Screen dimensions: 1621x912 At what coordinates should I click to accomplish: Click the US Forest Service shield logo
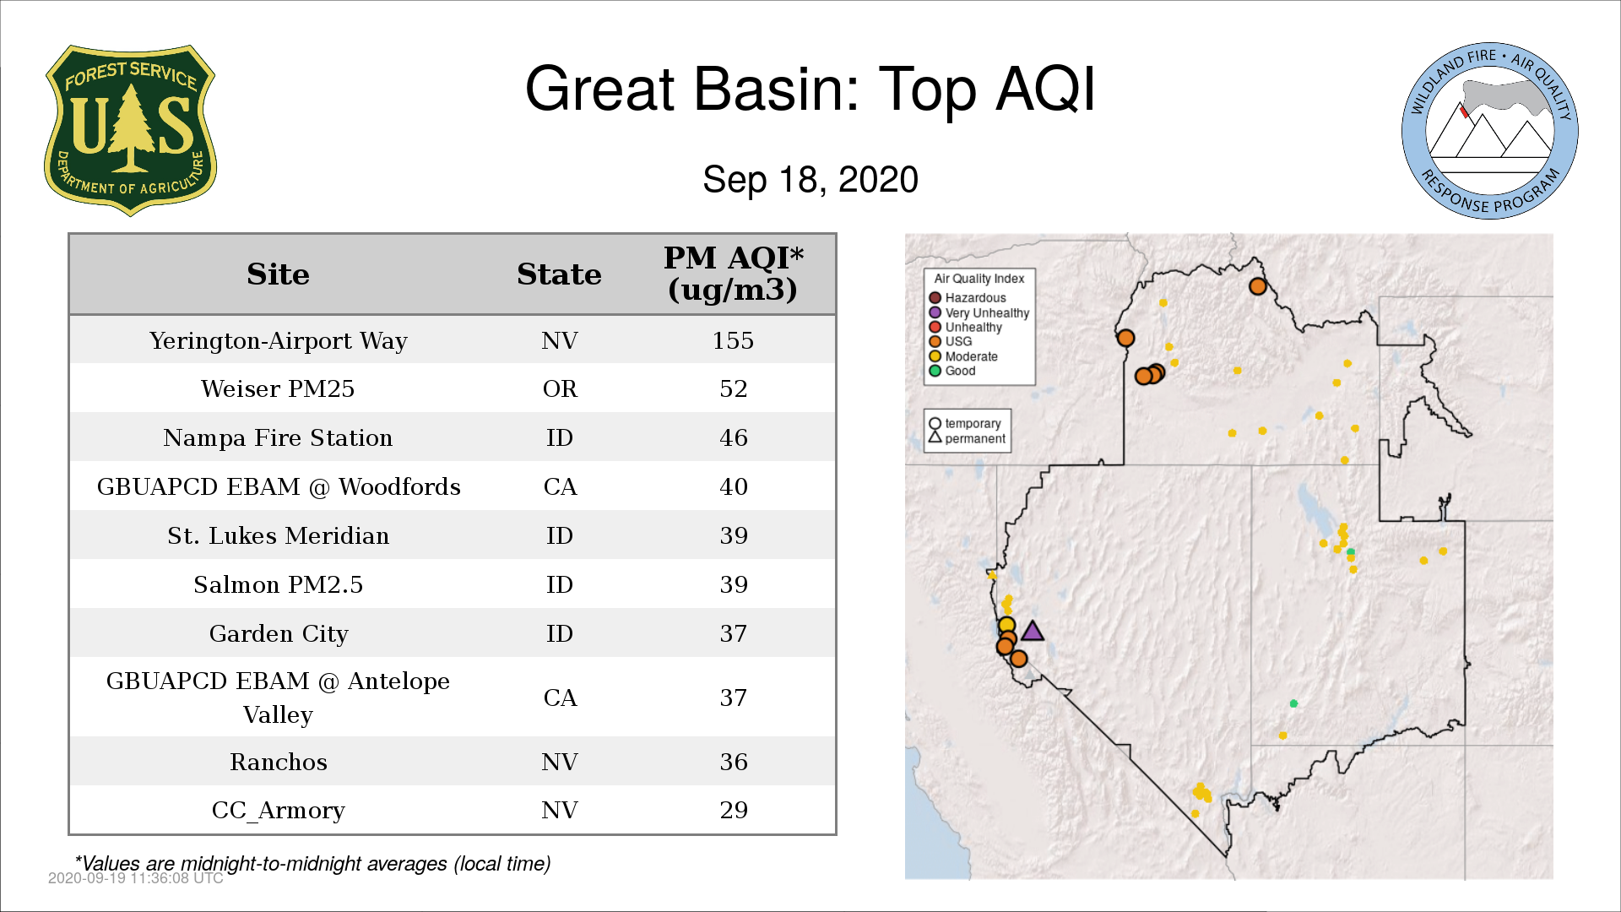(x=130, y=130)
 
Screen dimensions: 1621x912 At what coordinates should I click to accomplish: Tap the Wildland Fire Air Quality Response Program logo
(x=1489, y=131)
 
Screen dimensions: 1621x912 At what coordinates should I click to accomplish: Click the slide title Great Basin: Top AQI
(x=810, y=89)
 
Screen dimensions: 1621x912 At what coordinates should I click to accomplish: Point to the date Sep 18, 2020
(x=810, y=180)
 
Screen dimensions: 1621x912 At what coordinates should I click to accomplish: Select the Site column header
(x=278, y=274)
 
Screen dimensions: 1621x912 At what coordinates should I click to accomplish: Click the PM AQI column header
(x=733, y=274)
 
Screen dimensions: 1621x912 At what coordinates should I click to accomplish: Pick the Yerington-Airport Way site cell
(x=278, y=340)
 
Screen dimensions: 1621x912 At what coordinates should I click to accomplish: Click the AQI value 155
(x=733, y=340)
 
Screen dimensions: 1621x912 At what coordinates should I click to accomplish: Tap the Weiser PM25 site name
(x=278, y=388)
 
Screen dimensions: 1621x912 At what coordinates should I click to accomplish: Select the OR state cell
(x=560, y=388)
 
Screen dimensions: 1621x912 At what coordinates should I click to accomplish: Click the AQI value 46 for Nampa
(x=733, y=437)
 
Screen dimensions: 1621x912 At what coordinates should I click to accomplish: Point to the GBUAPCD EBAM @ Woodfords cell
(x=278, y=486)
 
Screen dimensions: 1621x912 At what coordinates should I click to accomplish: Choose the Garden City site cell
(x=278, y=633)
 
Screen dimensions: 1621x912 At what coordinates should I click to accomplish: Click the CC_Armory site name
(x=278, y=811)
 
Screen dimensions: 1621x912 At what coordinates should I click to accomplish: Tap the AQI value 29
(x=733, y=810)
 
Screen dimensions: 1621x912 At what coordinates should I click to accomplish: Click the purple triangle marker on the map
(x=1032, y=632)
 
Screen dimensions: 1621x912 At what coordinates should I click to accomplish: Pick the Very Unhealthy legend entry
(x=979, y=312)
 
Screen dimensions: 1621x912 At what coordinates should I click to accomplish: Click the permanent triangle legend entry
(x=967, y=438)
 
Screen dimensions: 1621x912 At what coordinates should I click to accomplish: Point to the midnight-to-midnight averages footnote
(x=312, y=864)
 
